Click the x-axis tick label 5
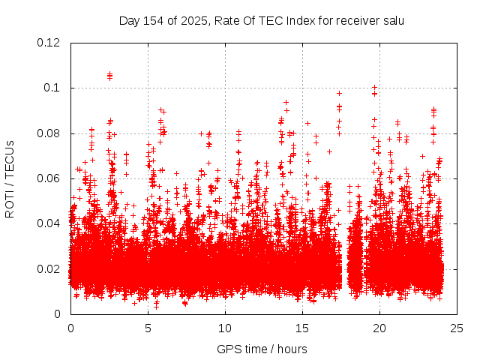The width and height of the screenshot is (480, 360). click(x=148, y=328)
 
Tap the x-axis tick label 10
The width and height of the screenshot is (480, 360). click(x=225, y=328)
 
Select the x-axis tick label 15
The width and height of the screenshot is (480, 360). click(x=302, y=328)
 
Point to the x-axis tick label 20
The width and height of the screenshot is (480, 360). click(x=379, y=328)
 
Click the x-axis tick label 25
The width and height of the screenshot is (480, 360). click(x=457, y=328)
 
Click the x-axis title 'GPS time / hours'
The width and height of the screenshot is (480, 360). click(x=262, y=349)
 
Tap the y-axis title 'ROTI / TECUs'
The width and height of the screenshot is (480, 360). click(x=10, y=178)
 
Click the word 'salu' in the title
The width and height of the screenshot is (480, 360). click(x=393, y=20)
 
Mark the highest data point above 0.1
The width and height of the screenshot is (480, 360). click(x=109, y=74)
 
